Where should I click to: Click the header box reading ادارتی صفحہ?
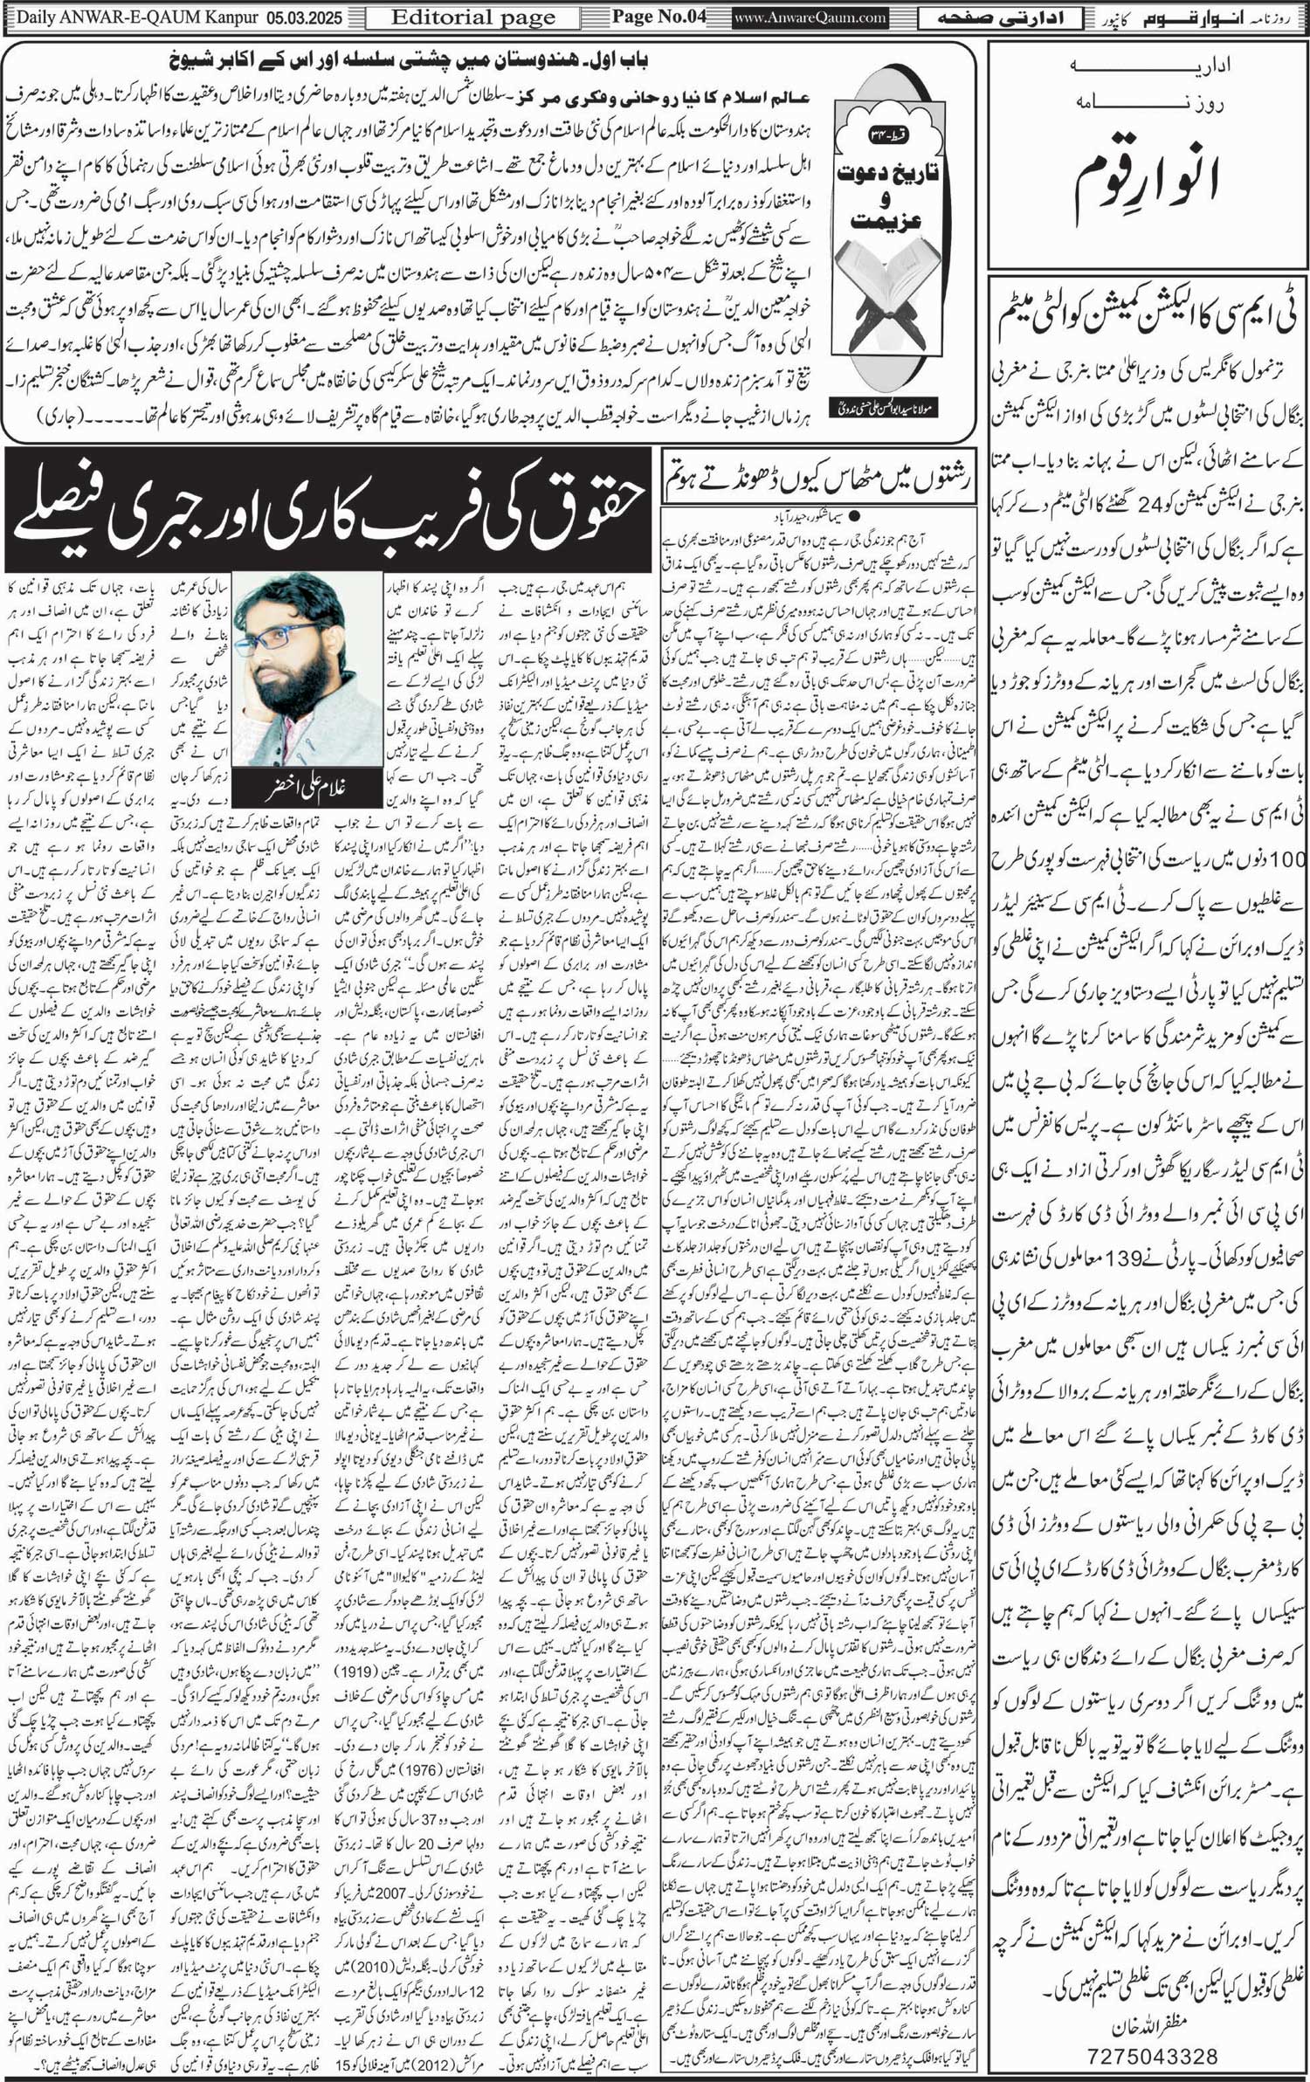pyautogui.click(x=1003, y=17)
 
